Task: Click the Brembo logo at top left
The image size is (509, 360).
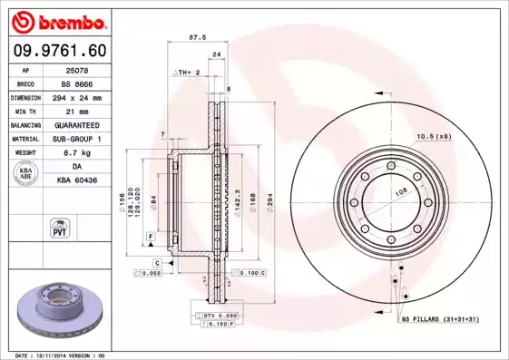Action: tap(56, 21)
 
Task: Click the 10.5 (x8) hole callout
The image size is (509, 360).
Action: tap(433, 136)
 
